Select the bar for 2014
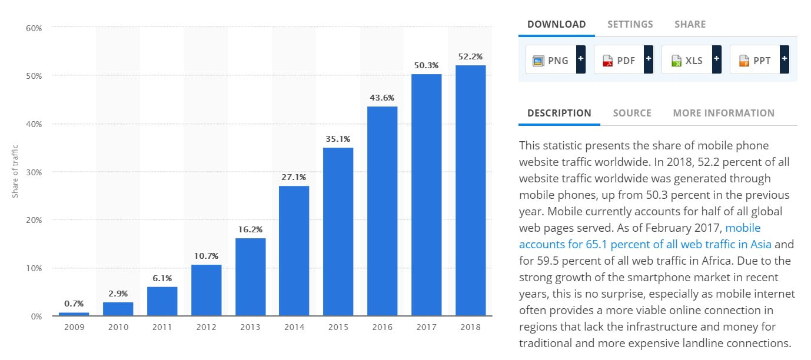(294, 251)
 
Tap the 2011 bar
(162, 301)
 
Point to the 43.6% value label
(382, 98)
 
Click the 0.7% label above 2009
(74, 304)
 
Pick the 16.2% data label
(250, 229)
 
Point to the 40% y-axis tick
(34, 124)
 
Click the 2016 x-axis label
(382, 327)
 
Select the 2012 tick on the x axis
(206, 327)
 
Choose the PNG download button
(551, 60)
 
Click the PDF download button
(619, 60)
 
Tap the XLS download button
(686, 60)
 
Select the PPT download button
(755, 60)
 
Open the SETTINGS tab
(630, 24)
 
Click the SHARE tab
(690, 24)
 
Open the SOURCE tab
(631, 113)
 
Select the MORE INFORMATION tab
(723, 113)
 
